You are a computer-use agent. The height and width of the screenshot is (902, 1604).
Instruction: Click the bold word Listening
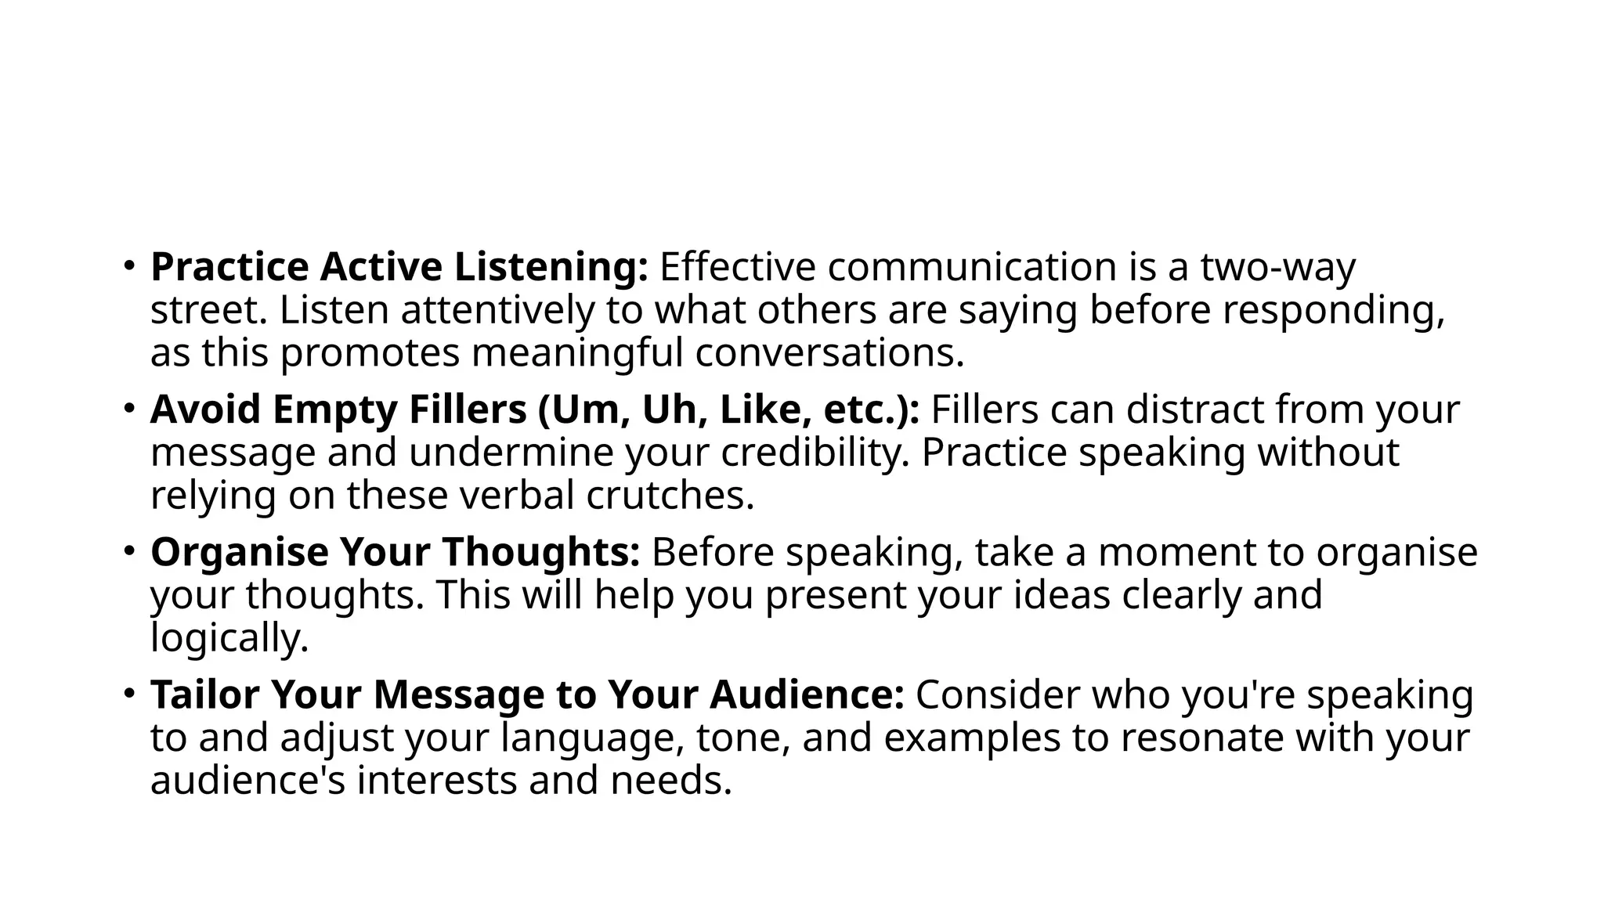pyautogui.click(x=551, y=268)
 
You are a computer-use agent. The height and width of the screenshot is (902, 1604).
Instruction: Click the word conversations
pyautogui.click(x=829, y=353)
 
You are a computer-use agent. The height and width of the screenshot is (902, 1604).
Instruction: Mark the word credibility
pyautogui.click(x=815, y=453)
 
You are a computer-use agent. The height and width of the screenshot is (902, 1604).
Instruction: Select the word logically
pyautogui.click(x=229, y=638)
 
